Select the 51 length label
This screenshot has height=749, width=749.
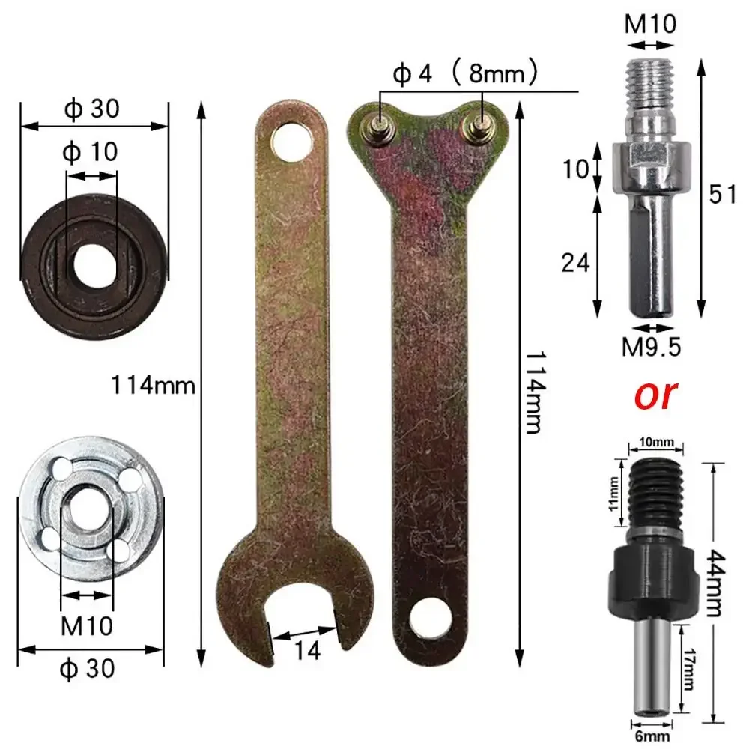pos(722,194)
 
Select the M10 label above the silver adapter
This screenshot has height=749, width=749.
pos(651,24)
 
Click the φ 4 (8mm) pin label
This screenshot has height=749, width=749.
pos(464,73)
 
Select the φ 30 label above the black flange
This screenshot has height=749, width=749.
pos(91,109)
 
